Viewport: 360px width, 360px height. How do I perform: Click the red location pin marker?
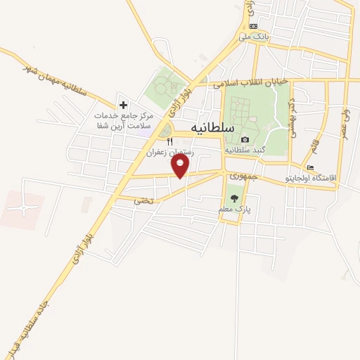click(x=181, y=166)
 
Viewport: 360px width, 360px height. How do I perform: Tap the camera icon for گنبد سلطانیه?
click(x=244, y=140)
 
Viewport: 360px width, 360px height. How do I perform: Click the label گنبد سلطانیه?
click(x=244, y=150)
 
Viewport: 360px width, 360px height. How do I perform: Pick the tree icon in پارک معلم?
click(x=234, y=198)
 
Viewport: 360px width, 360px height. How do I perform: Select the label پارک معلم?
click(x=234, y=209)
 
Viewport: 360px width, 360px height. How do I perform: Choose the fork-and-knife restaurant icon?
click(x=169, y=141)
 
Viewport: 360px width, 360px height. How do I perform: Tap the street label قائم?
click(x=313, y=150)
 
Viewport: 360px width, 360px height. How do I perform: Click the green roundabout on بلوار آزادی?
click(x=165, y=130)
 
